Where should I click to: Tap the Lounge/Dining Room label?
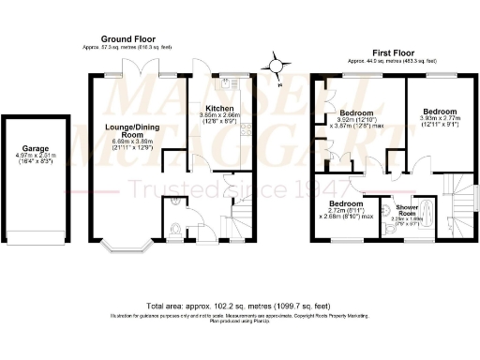[x=130, y=130]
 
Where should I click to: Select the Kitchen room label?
[x=219, y=109]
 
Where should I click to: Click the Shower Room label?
[x=406, y=208]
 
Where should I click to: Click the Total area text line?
[x=240, y=307]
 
